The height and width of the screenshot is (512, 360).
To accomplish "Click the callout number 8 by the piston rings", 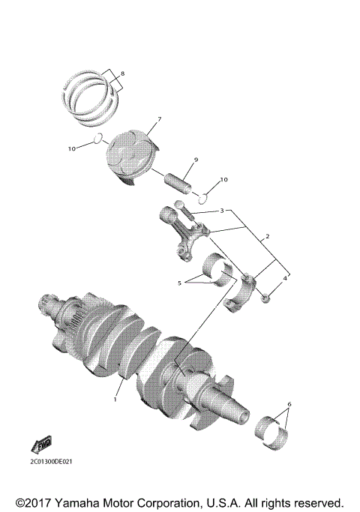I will pyautogui.click(x=124, y=73).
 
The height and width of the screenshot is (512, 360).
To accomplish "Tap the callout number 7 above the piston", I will pyautogui.click(x=158, y=120).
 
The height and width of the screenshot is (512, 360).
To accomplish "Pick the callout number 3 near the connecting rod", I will pyautogui.click(x=221, y=211).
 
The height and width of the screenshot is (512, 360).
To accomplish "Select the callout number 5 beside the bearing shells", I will pyautogui.click(x=178, y=283).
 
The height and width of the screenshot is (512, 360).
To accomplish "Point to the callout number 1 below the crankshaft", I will pyautogui.click(x=115, y=400).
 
